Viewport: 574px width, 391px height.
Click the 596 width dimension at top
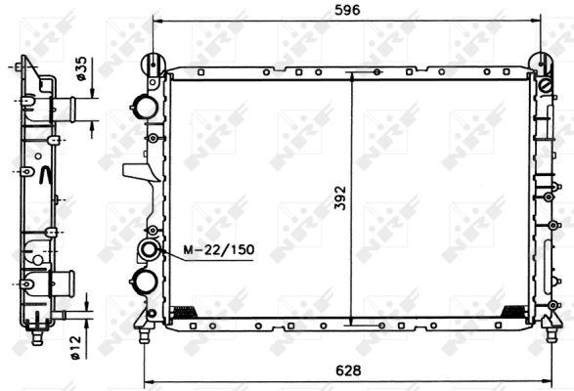click(347, 10)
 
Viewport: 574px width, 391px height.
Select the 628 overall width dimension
click(348, 370)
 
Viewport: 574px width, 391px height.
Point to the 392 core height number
click(340, 198)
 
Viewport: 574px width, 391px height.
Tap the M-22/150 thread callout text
click(219, 249)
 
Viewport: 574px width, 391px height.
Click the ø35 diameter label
click(80, 68)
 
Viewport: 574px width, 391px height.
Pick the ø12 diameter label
click(75, 347)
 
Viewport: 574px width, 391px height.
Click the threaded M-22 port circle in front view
click(149, 249)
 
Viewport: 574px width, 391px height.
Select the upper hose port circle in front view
click(146, 107)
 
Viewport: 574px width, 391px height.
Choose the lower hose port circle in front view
click(146, 282)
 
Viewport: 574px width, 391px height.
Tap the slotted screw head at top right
click(546, 86)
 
